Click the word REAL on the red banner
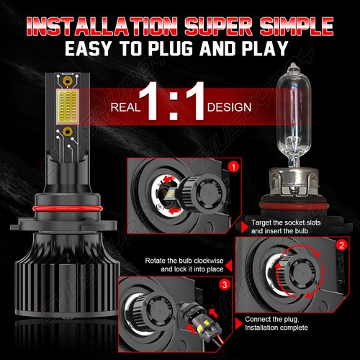coord(126,108)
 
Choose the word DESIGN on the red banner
coord(229,108)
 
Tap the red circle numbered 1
coord(231,166)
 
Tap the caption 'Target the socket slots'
coord(298,222)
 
